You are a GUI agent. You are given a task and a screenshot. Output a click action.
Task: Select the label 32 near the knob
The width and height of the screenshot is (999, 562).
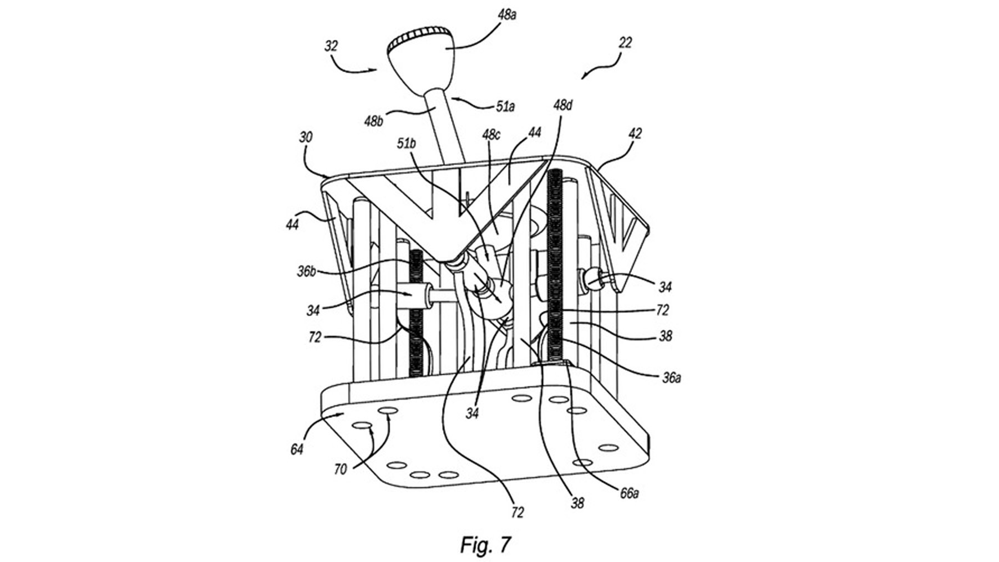pos(331,46)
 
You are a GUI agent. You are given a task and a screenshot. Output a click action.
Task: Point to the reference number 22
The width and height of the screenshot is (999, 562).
pos(625,43)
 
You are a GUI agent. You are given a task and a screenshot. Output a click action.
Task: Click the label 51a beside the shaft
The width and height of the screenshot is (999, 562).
pos(505,106)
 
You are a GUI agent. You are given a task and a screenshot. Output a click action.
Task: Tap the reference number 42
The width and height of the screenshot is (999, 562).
pos(635,134)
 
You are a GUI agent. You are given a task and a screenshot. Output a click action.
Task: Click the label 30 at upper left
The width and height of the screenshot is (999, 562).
pos(306,137)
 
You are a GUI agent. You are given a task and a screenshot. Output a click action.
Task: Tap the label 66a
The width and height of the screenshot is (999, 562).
pos(628,492)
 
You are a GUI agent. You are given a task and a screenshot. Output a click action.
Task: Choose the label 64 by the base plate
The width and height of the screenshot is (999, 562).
pos(297,448)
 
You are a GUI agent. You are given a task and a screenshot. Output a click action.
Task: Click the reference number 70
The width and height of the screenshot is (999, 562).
pos(341,469)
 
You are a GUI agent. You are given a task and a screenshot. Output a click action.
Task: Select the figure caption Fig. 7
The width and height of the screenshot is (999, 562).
pos(485,544)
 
